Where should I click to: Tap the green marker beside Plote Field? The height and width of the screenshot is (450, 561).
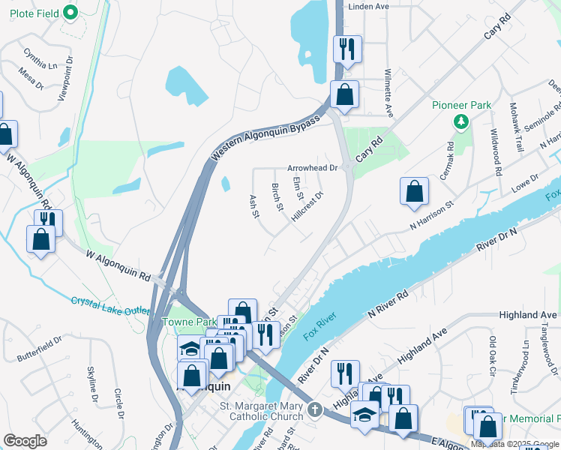click(70, 12)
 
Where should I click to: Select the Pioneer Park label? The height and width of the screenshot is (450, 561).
click(461, 105)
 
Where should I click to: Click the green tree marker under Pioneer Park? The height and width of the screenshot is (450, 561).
click(462, 121)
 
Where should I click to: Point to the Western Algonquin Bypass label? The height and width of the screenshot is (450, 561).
click(265, 136)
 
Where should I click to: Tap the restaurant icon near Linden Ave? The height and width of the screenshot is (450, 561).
click(347, 49)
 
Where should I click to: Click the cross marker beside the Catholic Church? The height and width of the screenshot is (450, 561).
click(315, 410)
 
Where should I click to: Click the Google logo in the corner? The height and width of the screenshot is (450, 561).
click(25, 441)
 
